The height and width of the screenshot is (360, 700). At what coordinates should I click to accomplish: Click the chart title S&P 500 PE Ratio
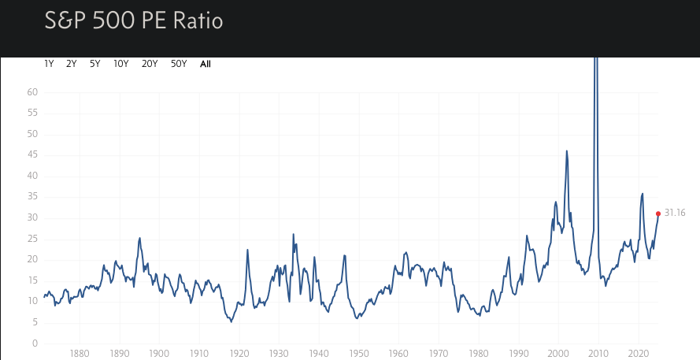coord(134,20)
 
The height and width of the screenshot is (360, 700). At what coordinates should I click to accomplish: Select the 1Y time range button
coord(49,64)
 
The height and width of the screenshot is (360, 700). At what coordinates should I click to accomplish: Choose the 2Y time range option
coord(72,64)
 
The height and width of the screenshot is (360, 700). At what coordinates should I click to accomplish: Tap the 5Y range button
coord(95,64)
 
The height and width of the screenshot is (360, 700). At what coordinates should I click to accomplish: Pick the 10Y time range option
coord(121,64)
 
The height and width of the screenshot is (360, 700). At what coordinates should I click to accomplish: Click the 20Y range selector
coord(150,64)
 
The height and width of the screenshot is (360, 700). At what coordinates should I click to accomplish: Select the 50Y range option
coord(179,64)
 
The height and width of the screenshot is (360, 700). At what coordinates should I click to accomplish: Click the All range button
coord(206,64)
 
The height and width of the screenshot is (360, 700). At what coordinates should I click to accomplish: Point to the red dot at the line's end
coord(658,213)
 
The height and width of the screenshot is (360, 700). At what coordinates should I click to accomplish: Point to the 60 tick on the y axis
coord(32,92)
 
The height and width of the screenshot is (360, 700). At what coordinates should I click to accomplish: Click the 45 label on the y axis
coord(32,155)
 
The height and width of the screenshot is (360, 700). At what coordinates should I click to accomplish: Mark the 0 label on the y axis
coord(35,343)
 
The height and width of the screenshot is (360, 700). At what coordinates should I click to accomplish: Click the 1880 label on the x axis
coord(79,354)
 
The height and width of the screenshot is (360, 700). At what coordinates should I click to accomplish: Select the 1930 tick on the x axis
coord(279,354)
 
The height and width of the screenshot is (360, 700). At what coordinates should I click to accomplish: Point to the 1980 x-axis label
coord(479,354)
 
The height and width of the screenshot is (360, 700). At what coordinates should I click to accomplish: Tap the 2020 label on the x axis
coord(639,354)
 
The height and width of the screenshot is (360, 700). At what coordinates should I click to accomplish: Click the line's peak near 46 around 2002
coord(567,151)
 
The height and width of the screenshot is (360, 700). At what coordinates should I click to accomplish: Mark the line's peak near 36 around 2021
coord(643,193)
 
